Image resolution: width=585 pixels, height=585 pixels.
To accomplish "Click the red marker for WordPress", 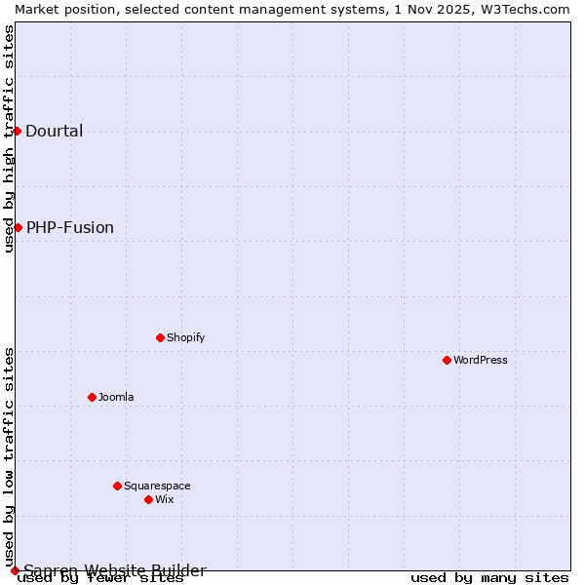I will pos(447,360).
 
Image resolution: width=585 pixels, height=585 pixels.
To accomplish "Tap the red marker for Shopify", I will pos(160,337).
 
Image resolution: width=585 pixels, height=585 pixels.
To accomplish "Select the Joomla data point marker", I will pos(92,397).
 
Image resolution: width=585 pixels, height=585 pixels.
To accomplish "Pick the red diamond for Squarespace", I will pos(117,486).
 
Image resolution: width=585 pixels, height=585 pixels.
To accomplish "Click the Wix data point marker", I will pos(148,499).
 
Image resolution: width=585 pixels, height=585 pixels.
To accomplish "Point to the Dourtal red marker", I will pos(17,131).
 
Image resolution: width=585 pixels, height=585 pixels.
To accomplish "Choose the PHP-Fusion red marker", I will pos(18,227).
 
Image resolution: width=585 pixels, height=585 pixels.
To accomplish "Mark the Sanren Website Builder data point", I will pos(15,570).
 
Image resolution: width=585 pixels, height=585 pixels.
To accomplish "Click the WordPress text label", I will pos(481,360).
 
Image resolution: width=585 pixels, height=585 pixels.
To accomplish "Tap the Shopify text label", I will pos(185,337).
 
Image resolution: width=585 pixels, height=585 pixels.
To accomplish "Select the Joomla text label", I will pos(116,397).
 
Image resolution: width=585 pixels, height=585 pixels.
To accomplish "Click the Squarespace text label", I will pos(157,486).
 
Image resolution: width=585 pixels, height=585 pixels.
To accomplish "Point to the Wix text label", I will pos(164,499).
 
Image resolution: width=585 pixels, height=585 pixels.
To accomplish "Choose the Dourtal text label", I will pos(55,132).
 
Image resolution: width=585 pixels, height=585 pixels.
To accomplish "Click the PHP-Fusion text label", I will pos(70,228).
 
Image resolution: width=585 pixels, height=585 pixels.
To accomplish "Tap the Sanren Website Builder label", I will pos(115,571).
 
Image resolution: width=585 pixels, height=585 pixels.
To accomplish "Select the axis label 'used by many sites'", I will pos(489,577).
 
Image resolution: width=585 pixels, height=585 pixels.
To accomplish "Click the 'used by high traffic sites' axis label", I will pos(9,138).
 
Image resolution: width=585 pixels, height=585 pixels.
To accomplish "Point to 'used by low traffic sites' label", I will pos(9,456).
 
